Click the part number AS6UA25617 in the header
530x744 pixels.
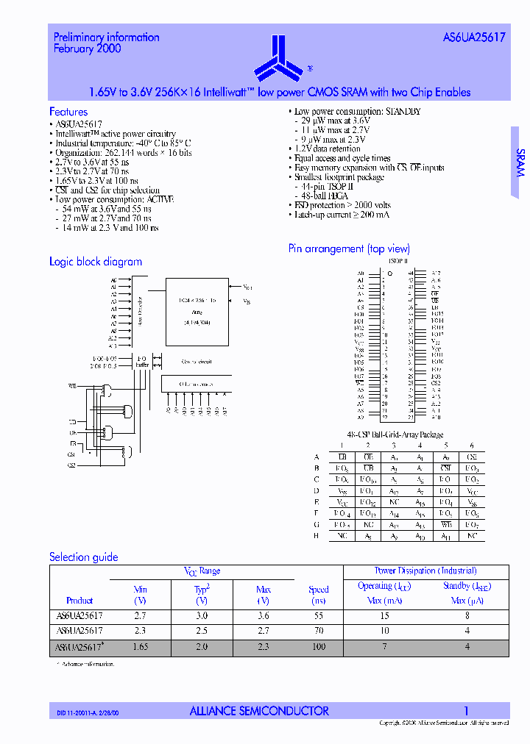(474, 37)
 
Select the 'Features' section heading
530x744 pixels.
(68, 112)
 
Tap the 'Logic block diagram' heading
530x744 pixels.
(96, 262)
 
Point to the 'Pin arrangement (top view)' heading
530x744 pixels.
(349, 249)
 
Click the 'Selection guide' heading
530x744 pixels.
(84, 557)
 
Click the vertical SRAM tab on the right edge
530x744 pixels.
(520, 162)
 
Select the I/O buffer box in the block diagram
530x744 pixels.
(142, 362)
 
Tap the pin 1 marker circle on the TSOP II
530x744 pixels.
(389, 273)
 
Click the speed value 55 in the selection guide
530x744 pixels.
(319, 616)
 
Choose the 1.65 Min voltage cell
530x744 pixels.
(141, 647)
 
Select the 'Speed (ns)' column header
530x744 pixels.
(319, 595)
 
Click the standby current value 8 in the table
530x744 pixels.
(467, 616)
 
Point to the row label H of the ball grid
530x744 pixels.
(317, 537)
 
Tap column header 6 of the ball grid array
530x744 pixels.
(472, 446)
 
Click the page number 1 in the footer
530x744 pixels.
(466, 711)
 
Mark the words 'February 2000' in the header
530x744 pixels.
(88, 49)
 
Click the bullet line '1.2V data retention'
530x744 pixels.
(327, 149)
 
